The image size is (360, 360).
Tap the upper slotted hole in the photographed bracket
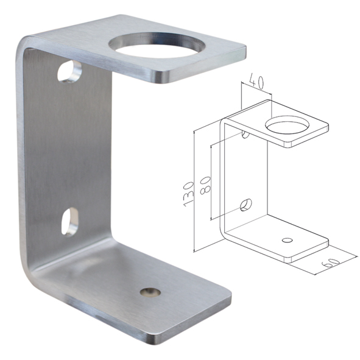point(69,72)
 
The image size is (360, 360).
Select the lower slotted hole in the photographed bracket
point(70,222)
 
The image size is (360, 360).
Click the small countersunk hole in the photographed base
point(150,292)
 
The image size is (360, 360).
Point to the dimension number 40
point(256,81)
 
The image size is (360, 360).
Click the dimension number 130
point(189,194)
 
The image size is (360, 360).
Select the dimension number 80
point(205,185)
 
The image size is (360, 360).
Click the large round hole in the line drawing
point(287,125)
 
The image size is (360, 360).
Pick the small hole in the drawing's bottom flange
point(288,240)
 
